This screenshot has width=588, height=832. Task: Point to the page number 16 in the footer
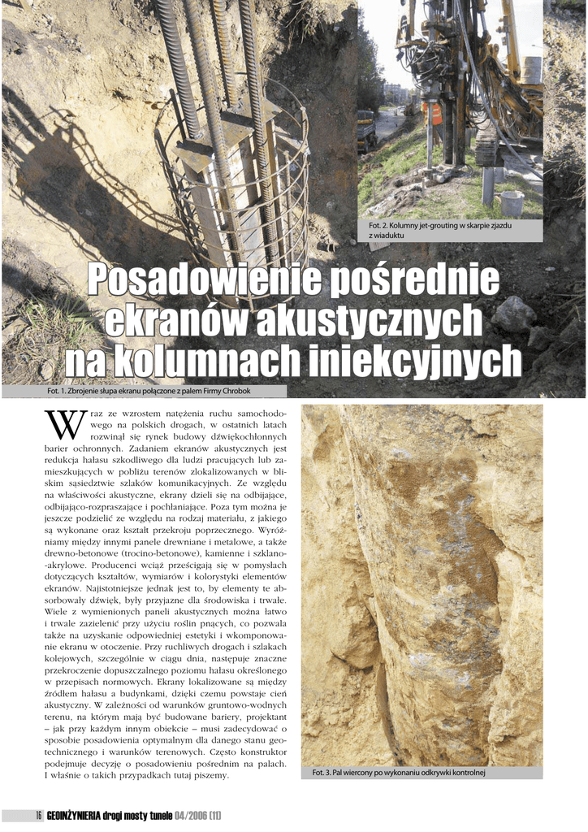coord(38,815)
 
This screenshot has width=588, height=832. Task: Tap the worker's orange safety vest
coord(435,114)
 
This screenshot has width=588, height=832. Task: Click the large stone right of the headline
coord(513,314)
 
